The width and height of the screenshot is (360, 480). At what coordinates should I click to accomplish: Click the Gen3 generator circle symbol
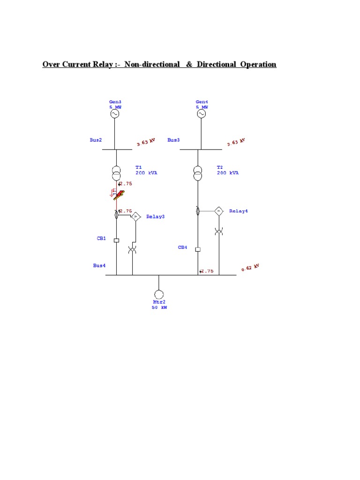pyautogui.click(x=115, y=114)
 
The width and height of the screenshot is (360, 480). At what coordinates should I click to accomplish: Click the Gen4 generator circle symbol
pyautogui.click(x=202, y=114)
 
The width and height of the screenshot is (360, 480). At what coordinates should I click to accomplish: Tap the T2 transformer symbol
pyautogui.click(x=198, y=173)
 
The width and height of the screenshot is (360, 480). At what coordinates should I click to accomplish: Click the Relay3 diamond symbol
pyautogui.click(x=135, y=216)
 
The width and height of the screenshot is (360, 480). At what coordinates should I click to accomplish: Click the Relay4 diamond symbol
pyautogui.click(x=218, y=211)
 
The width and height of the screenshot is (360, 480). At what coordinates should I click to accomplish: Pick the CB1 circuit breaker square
pyautogui.click(x=116, y=240)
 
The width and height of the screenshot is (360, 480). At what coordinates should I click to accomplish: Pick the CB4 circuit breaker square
pyautogui.click(x=198, y=249)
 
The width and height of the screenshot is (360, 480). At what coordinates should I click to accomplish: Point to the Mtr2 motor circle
pyautogui.click(x=159, y=294)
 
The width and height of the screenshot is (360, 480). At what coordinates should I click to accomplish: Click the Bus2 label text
pyautogui.click(x=96, y=140)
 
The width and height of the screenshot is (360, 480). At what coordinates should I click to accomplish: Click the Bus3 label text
pyautogui.click(x=173, y=140)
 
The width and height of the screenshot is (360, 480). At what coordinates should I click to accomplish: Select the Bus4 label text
pyautogui.click(x=99, y=265)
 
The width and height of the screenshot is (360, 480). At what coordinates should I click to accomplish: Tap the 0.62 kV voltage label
pyautogui.click(x=250, y=268)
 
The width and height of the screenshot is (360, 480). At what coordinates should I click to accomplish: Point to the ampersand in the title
pyautogui.click(x=189, y=64)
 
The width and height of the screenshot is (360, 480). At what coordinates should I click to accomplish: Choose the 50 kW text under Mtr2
pyautogui.click(x=159, y=308)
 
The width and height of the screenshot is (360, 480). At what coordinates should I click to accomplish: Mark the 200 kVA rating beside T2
pyautogui.click(x=228, y=173)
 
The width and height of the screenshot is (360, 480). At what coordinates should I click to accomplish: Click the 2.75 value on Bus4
pyautogui.click(x=207, y=271)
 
